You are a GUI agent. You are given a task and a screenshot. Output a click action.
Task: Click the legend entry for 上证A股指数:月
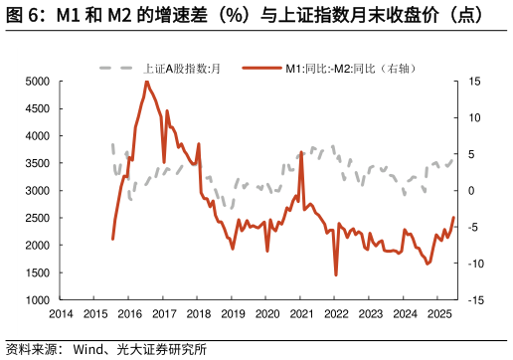tap(180, 68)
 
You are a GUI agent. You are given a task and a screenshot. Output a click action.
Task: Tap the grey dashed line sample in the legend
tap(117, 68)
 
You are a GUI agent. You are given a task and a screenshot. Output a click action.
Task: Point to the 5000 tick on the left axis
tap(37, 82)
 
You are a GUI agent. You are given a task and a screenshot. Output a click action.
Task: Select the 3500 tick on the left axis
tap(37, 163)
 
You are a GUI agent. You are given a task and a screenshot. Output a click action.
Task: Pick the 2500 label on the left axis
tap(37, 218)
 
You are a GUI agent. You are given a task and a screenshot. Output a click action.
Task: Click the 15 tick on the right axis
tap(476, 82)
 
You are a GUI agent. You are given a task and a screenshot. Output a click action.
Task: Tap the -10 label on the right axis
tap(476, 264)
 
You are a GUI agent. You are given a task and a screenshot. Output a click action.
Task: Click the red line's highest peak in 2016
tap(147, 82)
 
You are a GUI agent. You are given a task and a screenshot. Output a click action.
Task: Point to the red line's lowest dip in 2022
tap(336, 275)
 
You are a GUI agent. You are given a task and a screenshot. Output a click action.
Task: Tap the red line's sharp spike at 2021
tap(301, 152)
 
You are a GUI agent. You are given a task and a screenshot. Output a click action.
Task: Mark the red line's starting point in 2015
tap(112, 239)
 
